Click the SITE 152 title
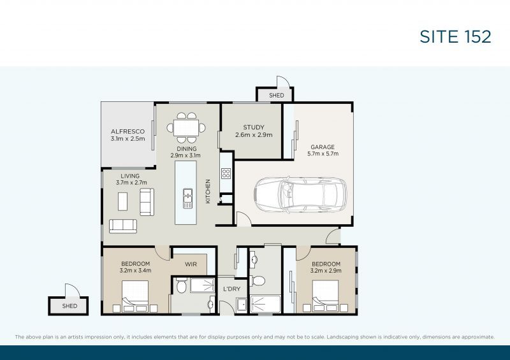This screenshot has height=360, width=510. tap(455, 36)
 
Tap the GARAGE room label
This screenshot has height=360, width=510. tap(322, 147)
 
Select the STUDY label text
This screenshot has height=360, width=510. tap(253, 127)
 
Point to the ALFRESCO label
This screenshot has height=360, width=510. tap(127, 131)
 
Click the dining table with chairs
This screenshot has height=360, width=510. tap(187, 127)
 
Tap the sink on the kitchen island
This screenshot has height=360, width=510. tap(187, 198)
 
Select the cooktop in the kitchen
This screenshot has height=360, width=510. tap(226, 173)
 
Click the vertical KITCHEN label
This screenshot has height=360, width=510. tap(208, 191)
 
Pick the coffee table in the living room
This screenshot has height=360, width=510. tap(124, 201)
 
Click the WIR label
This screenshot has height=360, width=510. tap(191, 264)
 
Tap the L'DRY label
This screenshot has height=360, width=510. tap(231, 289)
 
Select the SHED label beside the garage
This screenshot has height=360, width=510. tap(276, 96)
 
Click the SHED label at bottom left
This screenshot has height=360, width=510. tap(69, 306)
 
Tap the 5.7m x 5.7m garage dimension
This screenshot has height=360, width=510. tap(322, 154)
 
